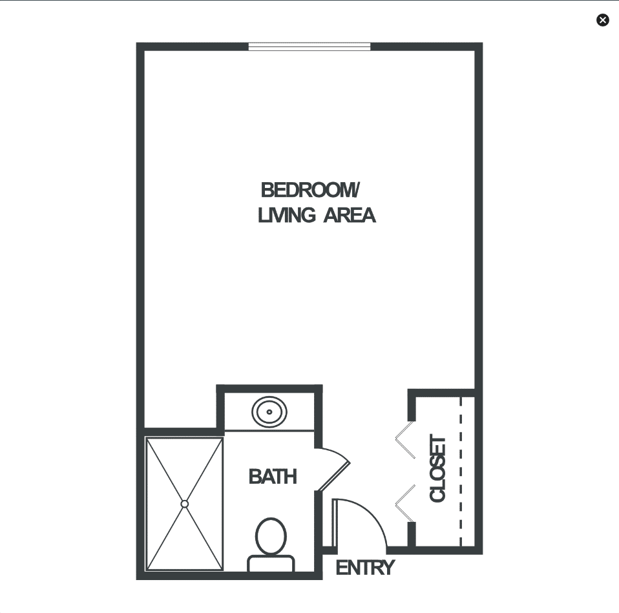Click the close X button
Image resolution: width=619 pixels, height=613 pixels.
602,20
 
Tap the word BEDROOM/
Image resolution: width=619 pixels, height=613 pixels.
310,190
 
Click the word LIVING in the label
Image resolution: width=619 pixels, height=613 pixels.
287,216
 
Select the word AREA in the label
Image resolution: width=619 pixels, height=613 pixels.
350,216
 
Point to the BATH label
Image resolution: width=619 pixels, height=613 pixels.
273,477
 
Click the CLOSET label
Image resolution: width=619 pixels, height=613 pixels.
438,468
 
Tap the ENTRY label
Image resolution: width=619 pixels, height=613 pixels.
365,568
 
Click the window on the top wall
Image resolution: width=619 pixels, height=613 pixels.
309,47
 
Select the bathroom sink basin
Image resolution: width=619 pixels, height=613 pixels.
269,412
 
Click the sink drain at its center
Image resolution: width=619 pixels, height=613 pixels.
269,412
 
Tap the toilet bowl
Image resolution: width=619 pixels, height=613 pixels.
271,536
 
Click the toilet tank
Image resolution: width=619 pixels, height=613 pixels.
271,563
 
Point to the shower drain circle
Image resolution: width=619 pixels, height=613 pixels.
184,504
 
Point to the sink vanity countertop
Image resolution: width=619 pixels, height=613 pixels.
269,412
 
